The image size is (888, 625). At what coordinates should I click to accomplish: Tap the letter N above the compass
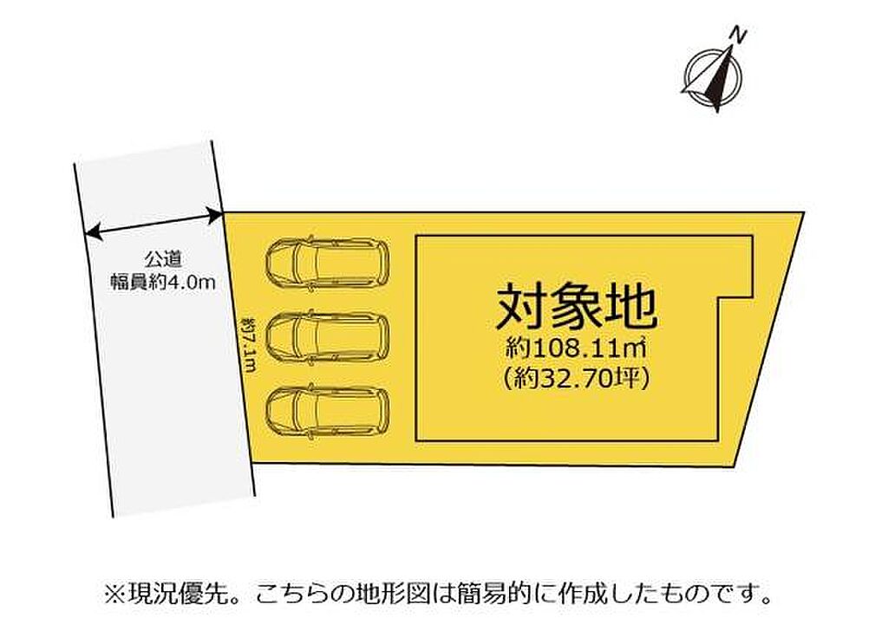(x=738, y=35)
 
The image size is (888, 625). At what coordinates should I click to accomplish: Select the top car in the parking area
(x=327, y=264)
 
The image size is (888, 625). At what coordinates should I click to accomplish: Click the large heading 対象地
(x=577, y=308)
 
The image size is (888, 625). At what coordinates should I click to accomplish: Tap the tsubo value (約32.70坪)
(x=576, y=378)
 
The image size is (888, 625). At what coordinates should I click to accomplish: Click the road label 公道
(x=162, y=260)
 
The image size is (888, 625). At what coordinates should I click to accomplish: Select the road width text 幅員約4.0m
(x=163, y=282)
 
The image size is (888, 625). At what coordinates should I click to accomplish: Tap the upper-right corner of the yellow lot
(x=804, y=213)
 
